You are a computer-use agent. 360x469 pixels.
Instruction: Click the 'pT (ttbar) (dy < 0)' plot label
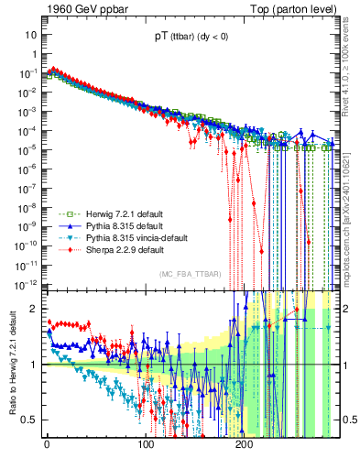click(x=191, y=38)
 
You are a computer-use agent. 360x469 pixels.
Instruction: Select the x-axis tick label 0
click(x=47, y=444)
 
